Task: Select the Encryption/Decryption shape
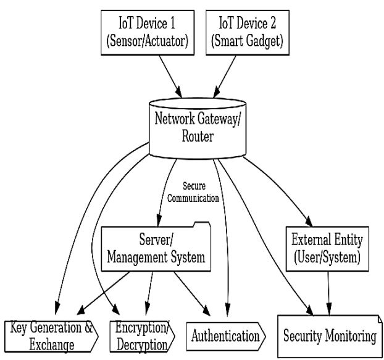click(141, 335)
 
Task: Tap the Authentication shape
click(225, 336)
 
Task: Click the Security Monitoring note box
click(328, 336)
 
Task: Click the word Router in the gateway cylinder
click(198, 137)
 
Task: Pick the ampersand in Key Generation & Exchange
click(89, 328)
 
